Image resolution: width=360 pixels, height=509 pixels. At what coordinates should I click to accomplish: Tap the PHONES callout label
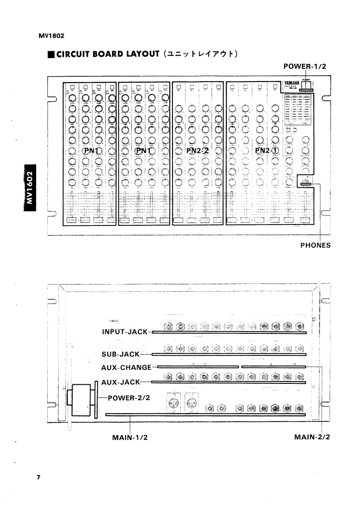(x=315, y=245)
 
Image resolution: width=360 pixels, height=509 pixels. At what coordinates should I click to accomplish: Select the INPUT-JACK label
(x=125, y=332)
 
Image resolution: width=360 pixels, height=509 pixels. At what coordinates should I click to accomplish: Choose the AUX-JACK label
(x=120, y=382)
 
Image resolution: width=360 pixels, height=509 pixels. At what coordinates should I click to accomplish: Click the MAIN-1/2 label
(x=130, y=438)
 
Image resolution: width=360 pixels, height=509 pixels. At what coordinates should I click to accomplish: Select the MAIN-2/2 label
(x=312, y=438)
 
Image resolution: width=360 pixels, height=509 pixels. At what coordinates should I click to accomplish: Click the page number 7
(x=39, y=477)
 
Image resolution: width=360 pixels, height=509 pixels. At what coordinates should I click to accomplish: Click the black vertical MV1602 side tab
(x=30, y=188)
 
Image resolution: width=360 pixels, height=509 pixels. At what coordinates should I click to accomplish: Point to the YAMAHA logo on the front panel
(x=291, y=83)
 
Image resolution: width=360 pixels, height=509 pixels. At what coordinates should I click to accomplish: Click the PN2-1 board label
(x=267, y=151)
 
